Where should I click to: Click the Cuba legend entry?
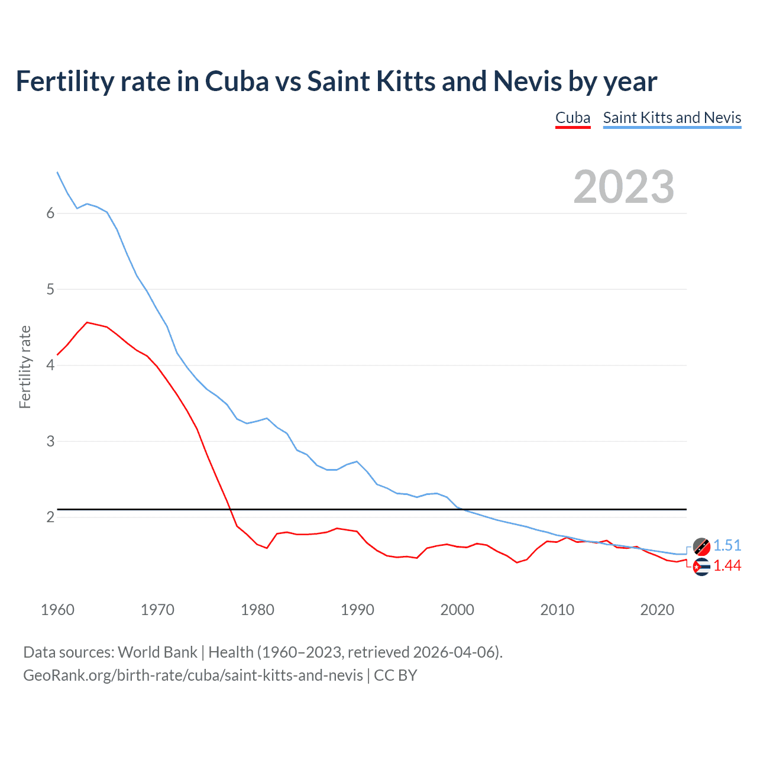[x=572, y=118]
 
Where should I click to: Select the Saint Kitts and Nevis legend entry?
[x=672, y=118]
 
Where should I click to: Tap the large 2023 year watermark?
[x=623, y=187]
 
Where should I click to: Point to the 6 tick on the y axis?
[x=50, y=213]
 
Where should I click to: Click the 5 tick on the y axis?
[x=50, y=289]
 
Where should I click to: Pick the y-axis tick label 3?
[x=50, y=441]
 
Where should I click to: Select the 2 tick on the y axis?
[x=50, y=517]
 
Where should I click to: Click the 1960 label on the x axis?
[x=57, y=610]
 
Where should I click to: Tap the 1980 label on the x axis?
[x=257, y=610]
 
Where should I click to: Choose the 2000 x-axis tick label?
[x=457, y=610]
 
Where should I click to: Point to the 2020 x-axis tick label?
[x=657, y=610]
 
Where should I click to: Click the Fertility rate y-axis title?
[x=25, y=367]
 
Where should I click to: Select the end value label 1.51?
[x=727, y=545]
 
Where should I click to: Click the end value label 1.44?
[x=727, y=566]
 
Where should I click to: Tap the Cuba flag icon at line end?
[x=701, y=567]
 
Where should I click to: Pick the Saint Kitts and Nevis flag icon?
[x=701, y=546]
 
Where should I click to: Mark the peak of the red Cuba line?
[x=87, y=322]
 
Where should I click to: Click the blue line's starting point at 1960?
[x=57, y=172]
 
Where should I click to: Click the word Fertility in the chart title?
[x=65, y=82]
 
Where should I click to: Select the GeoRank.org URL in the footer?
[x=193, y=675]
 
